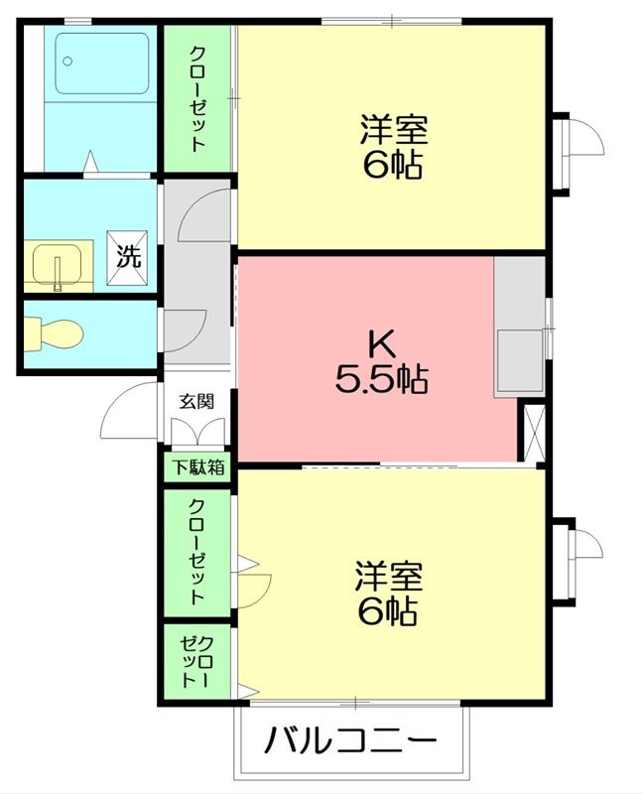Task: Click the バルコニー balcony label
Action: coord(349,740)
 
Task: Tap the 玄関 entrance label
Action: coord(195,401)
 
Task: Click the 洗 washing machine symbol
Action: coord(129,255)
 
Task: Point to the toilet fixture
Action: coord(50,332)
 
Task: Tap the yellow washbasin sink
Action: coord(58,266)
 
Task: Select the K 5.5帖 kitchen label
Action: coord(381,361)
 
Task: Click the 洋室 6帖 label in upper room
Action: coord(392,146)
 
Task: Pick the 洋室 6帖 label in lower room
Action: coord(388,594)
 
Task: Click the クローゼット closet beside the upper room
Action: coord(197,97)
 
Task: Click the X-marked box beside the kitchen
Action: coord(533,432)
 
